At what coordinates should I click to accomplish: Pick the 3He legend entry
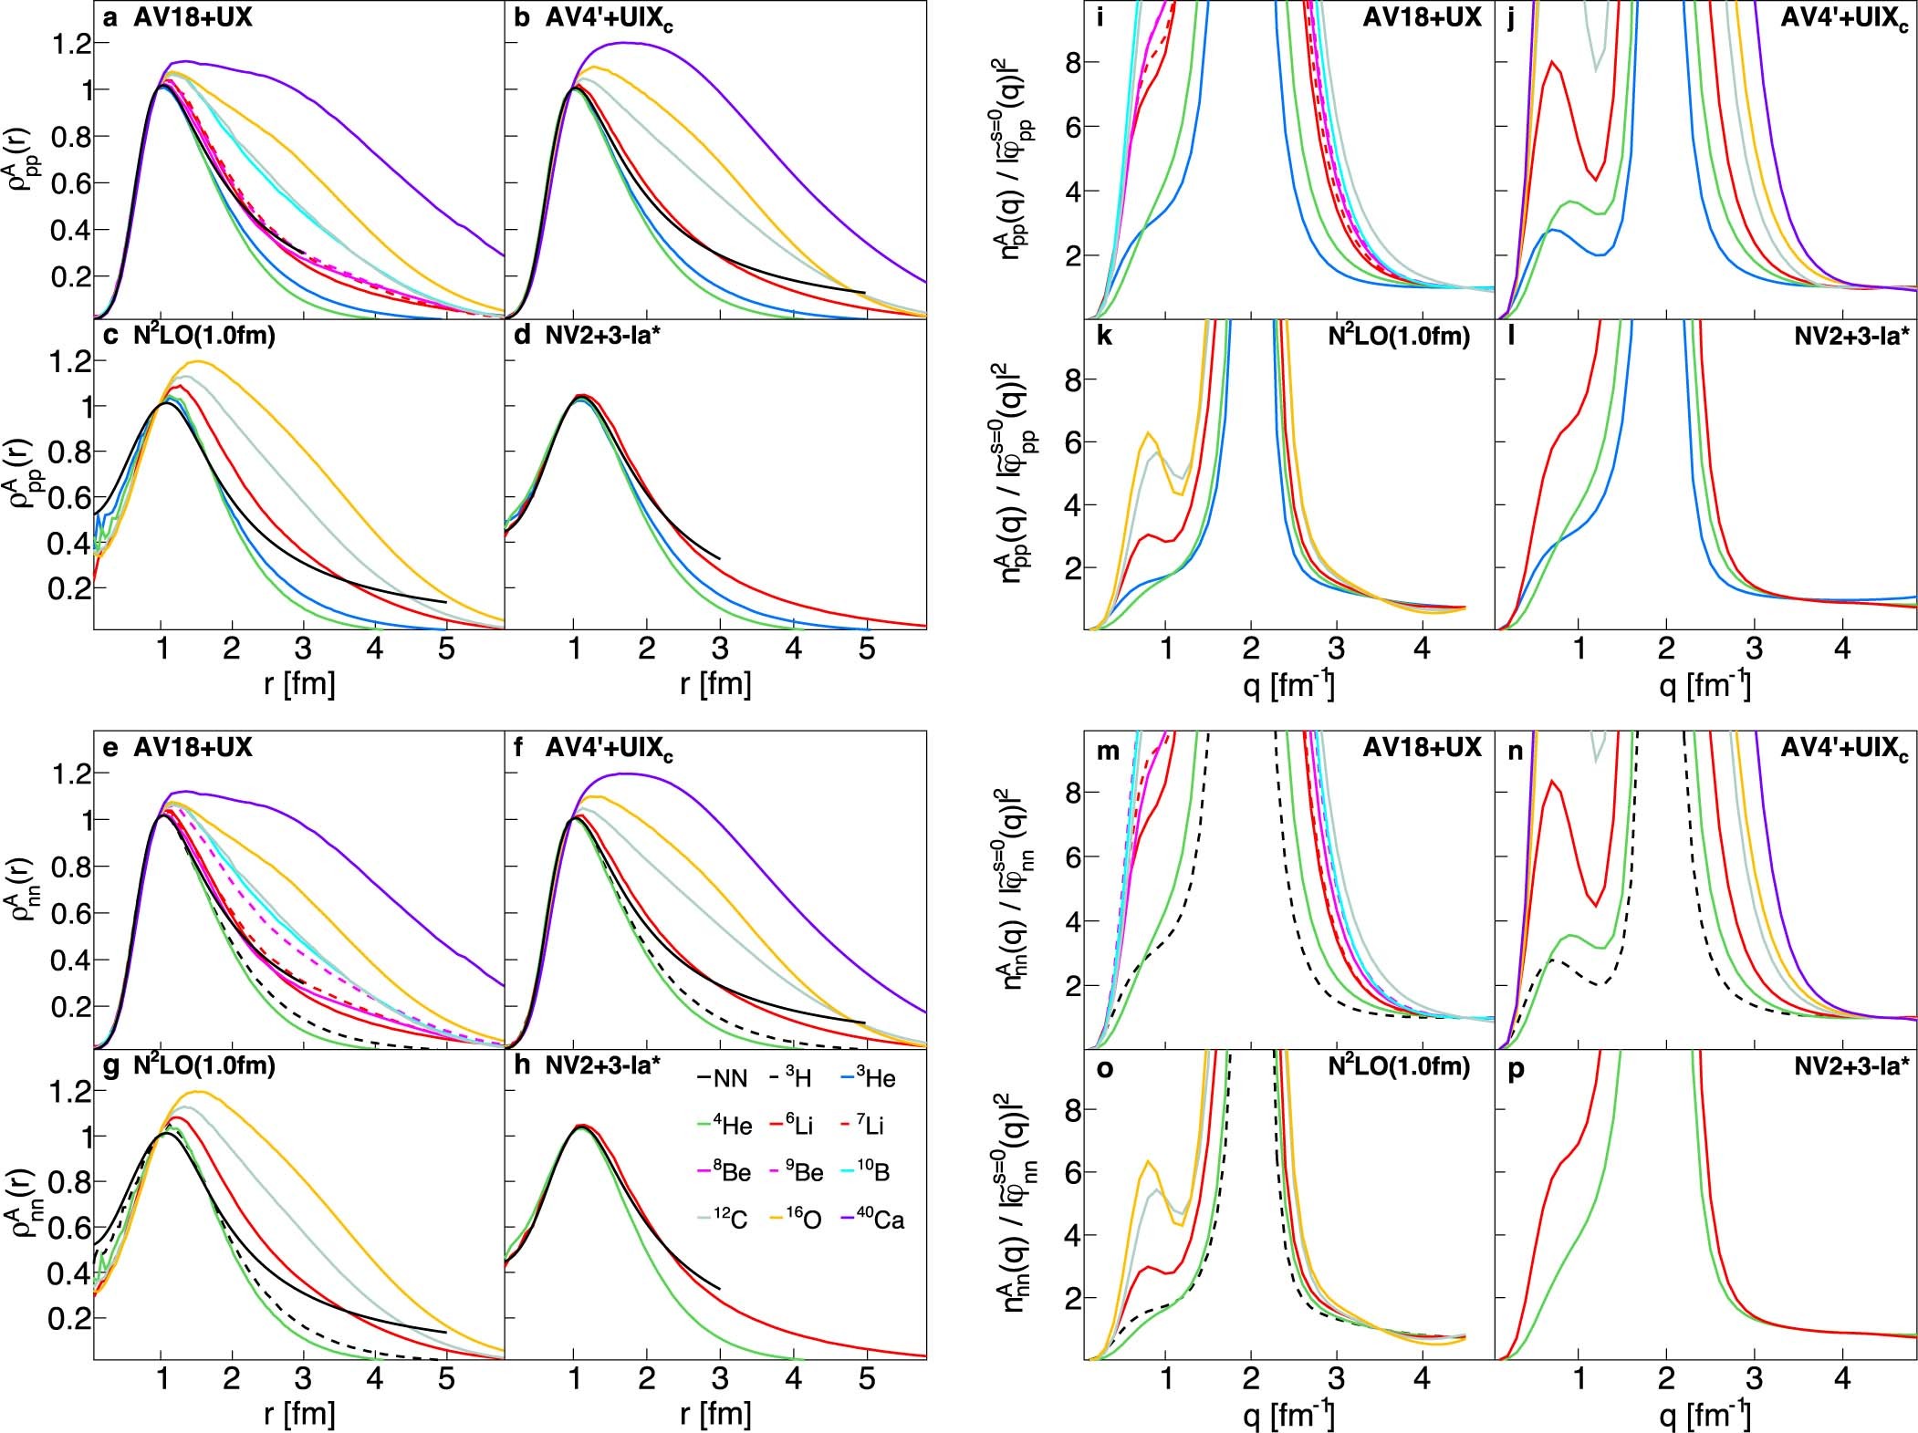pyautogui.click(x=866, y=1078)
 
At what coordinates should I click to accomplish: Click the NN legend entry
pyautogui.click(x=722, y=1079)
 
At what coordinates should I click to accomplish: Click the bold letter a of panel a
pyautogui.click(x=110, y=17)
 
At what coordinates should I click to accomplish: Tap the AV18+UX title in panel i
pyautogui.click(x=1423, y=17)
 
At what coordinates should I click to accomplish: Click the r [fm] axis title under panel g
pyautogui.click(x=299, y=1413)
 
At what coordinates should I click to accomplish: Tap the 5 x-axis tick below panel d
pyautogui.click(x=866, y=649)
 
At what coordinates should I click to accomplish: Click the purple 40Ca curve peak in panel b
pyautogui.click(x=626, y=43)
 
